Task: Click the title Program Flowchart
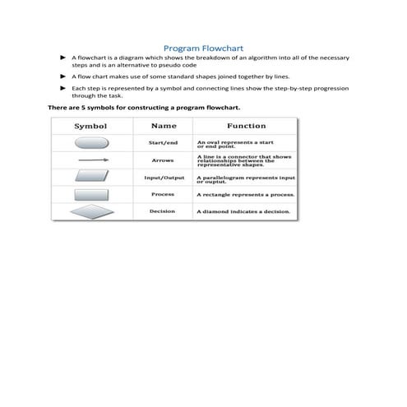pyautogui.click(x=203, y=49)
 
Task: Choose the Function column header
pyautogui.click(x=246, y=127)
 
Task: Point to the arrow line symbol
pyautogui.click(x=91, y=160)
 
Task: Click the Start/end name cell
pyautogui.click(x=163, y=143)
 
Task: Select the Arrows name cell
pyautogui.click(x=163, y=160)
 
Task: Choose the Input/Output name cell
pyautogui.click(x=164, y=177)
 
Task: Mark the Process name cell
pyautogui.click(x=163, y=194)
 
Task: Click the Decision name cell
pyautogui.click(x=163, y=211)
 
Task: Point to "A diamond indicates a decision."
pyautogui.click(x=243, y=212)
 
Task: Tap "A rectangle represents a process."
pyautogui.click(x=245, y=195)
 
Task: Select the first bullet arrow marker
pyautogui.click(x=63, y=59)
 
